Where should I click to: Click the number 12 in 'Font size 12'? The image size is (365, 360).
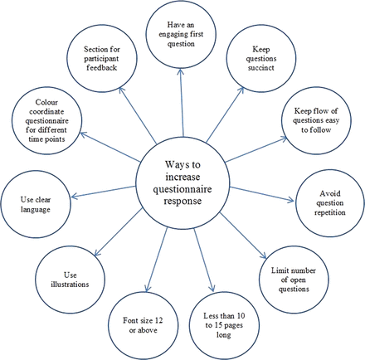(158, 320)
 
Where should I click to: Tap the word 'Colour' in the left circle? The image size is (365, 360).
(46, 102)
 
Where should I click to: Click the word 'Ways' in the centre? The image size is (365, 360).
(175, 165)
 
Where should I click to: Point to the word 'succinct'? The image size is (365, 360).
(260, 68)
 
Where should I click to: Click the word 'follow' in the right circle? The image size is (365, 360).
(320, 129)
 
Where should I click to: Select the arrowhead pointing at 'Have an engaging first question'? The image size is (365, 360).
(180, 72)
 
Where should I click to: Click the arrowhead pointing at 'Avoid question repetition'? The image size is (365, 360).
(290, 200)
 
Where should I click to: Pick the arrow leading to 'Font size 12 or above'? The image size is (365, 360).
(157, 260)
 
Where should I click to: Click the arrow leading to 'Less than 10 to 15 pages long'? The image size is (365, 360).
(204, 260)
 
